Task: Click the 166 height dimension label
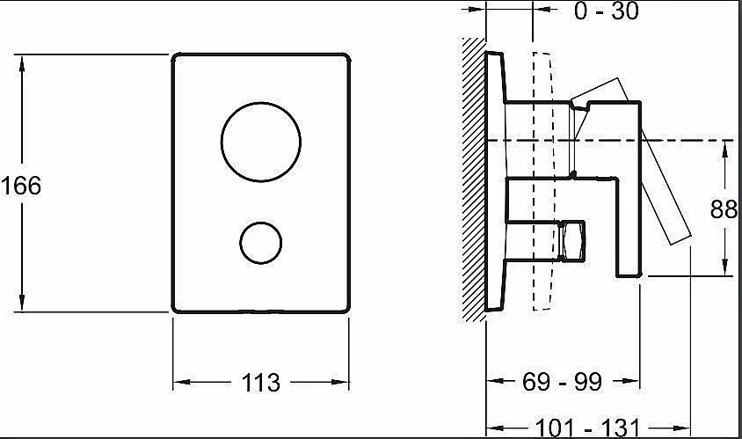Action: [21, 185]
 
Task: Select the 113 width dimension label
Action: [261, 383]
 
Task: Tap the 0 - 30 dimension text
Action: [607, 11]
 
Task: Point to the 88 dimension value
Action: [724, 209]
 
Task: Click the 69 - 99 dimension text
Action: [562, 381]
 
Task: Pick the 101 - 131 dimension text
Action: [587, 428]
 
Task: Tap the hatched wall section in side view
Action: [474, 180]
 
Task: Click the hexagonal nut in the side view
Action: [572, 241]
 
